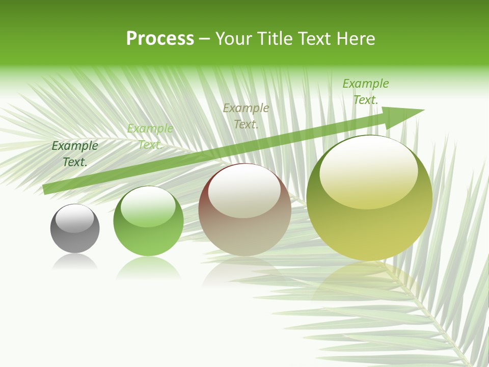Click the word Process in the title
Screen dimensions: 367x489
[x=160, y=39]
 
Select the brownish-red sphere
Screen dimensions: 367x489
[x=244, y=214]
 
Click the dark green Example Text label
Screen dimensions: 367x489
[x=75, y=153]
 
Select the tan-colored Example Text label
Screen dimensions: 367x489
[x=246, y=116]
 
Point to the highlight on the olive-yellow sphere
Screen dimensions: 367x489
[x=368, y=171]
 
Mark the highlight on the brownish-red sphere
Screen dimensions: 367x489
[x=244, y=191]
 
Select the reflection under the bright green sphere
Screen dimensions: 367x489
[x=148, y=267]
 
